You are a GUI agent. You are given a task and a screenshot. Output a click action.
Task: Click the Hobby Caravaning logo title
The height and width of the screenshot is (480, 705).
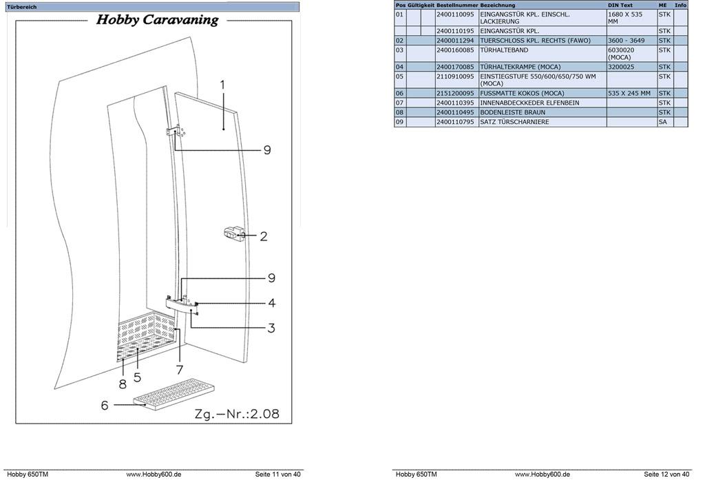(157, 20)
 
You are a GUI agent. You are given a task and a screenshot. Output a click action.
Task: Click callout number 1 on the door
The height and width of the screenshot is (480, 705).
(222, 85)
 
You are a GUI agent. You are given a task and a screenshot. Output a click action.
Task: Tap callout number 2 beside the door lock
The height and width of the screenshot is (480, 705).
(263, 236)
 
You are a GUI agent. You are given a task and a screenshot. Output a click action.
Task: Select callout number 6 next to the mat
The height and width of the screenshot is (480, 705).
(105, 406)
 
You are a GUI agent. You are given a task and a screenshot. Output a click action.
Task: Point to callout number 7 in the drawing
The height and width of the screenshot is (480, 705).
(180, 370)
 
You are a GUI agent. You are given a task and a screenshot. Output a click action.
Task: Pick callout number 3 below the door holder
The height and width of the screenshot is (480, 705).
(271, 328)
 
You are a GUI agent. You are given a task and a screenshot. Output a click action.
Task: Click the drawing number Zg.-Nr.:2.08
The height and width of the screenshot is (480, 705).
(236, 414)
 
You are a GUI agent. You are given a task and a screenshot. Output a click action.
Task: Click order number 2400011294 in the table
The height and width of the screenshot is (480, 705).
(456, 41)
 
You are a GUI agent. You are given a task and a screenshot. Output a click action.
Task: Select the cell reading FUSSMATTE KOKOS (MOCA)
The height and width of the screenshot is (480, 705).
(522, 93)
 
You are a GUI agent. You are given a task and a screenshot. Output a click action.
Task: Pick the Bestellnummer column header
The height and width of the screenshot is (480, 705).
(456, 5)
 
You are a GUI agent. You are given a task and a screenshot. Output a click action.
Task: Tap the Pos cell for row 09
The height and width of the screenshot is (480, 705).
(399, 122)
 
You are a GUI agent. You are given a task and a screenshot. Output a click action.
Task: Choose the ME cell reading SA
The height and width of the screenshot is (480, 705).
(662, 122)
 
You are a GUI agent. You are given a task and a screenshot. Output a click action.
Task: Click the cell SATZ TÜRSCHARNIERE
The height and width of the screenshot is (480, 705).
(514, 122)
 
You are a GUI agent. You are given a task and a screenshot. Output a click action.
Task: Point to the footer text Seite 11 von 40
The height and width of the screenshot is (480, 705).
(277, 474)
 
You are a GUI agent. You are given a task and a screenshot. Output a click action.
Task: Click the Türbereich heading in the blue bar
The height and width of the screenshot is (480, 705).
(23, 7)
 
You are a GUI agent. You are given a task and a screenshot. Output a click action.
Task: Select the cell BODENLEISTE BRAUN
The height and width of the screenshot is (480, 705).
(512, 112)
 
